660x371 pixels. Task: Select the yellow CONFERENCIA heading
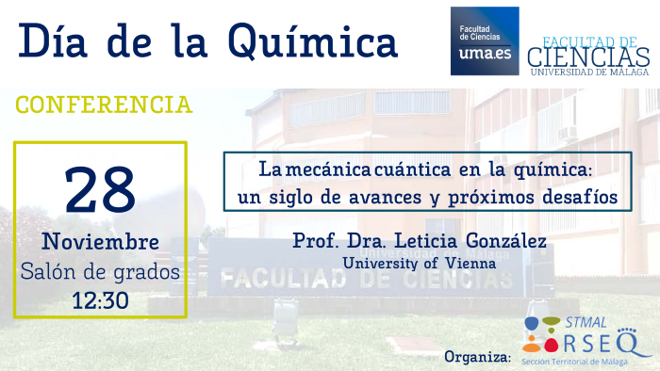tap(105, 104)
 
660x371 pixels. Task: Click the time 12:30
tap(101, 300)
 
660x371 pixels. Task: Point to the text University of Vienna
tap(420, 264)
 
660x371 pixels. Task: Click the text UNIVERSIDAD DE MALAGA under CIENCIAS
tap(589, 72)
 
